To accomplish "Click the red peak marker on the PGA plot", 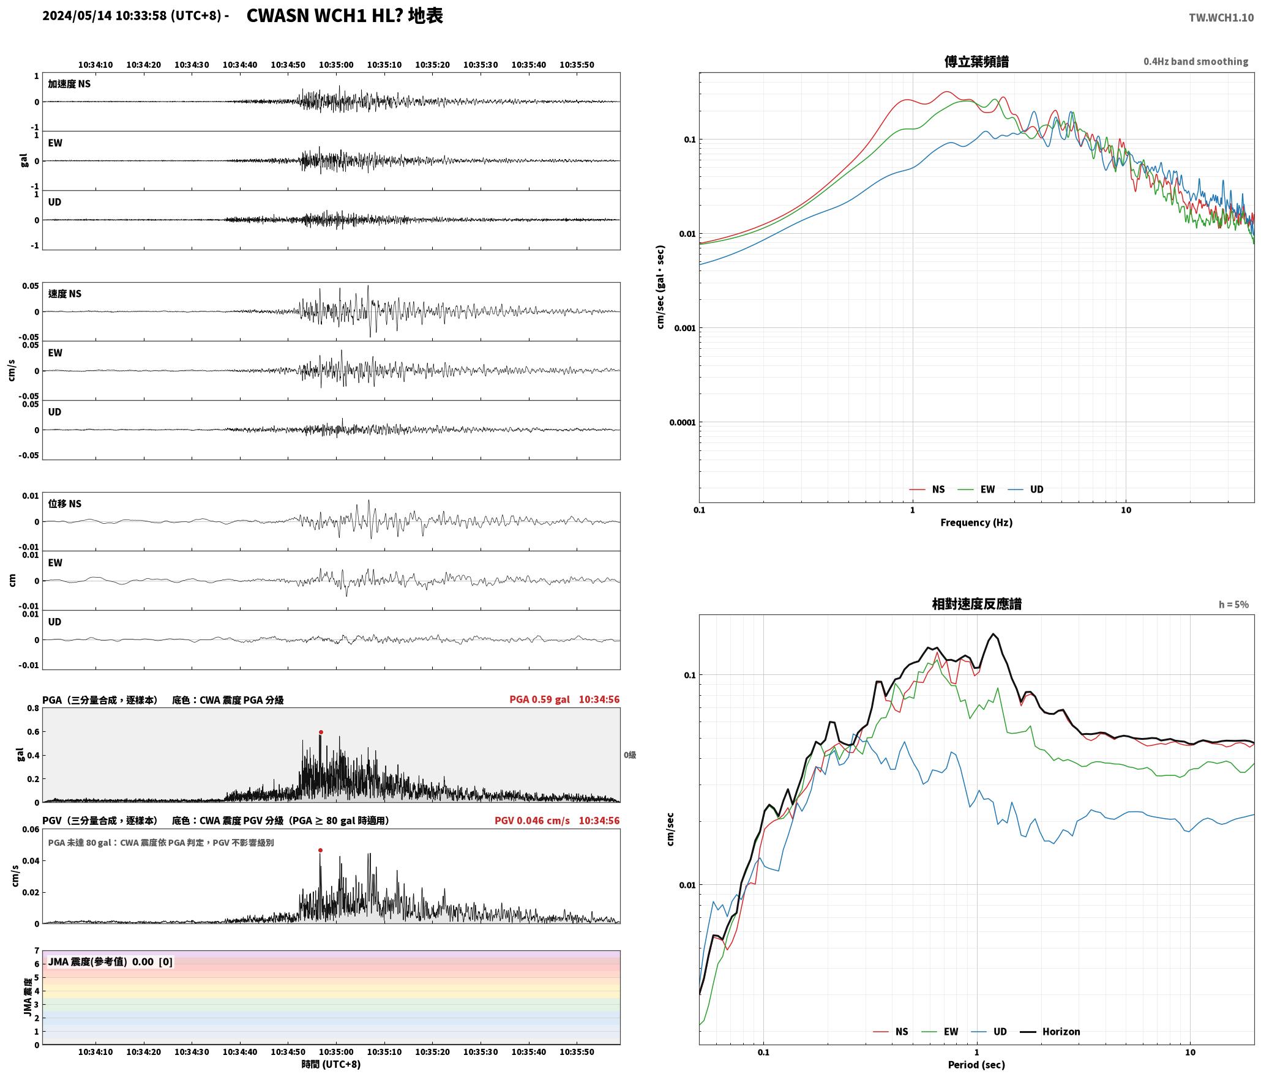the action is click(321, 732).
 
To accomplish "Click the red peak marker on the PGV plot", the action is click(320, 850).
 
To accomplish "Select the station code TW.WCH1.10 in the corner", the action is click(1221, 18).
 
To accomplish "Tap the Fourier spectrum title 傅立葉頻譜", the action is click(976, 61).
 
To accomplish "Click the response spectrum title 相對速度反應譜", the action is click(976, 604).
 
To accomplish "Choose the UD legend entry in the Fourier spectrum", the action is click(1026, 489).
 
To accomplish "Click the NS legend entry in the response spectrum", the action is click(891, 1031).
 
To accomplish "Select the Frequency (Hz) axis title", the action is click(976, 522).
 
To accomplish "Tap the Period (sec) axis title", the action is click(976, 1064).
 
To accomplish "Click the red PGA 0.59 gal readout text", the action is click(539, 699).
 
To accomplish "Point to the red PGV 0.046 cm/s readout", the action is click(532, 820).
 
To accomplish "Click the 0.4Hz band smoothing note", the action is click(1196, 61).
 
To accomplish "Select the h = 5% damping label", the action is click(1233, 605).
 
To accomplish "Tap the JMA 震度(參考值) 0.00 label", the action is click(101, 961).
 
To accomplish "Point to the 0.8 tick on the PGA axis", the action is click(33, 708).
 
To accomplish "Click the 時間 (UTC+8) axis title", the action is click(331, 1064).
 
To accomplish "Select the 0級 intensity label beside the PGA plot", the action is click(630, 755).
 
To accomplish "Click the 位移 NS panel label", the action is click(65, 504).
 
